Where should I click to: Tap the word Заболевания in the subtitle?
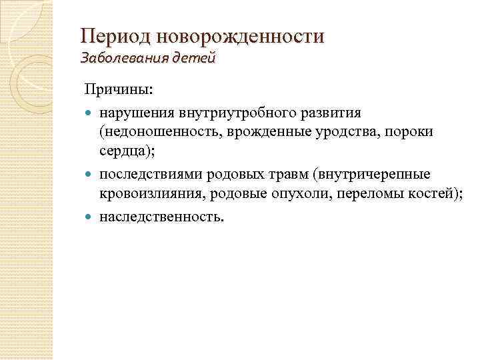119,59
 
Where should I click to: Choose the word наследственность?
162,217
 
